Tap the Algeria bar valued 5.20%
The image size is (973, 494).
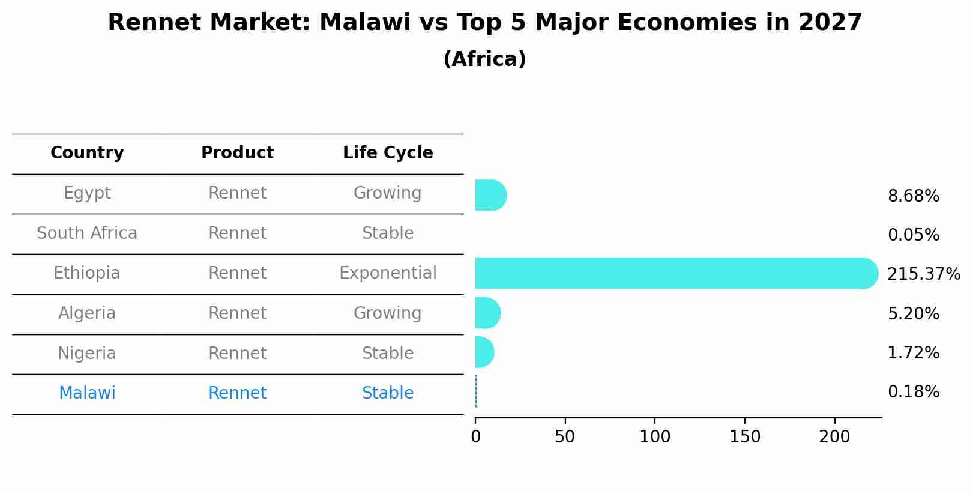(x=487, y=313)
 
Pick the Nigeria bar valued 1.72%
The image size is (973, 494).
(x=484, y=352)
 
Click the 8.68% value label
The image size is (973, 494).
(x=913, y=196)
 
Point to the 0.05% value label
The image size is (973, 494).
(x=913, y=235)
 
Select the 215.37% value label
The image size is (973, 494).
(x=923, y=274)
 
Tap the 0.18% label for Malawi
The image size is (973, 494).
(x=913, y=392)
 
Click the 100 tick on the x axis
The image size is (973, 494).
(x=655, y=437)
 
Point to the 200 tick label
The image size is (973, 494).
(x=834, y=437)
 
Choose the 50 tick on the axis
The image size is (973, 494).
(x=565, y=437)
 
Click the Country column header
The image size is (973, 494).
(x=87, y=153)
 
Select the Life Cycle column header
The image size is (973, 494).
(x=388, y=153)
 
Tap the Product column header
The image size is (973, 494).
(x=237, y=153)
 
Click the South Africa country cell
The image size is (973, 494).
(x=87, y=233)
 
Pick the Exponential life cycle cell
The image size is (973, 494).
(x=388, y=273)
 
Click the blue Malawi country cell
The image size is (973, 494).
(x=87, y=393)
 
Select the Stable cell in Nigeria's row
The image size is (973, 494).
(x=388, y=354)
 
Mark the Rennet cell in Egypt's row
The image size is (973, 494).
(x=237, y=193)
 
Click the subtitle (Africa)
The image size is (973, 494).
(x=484, y=59)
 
